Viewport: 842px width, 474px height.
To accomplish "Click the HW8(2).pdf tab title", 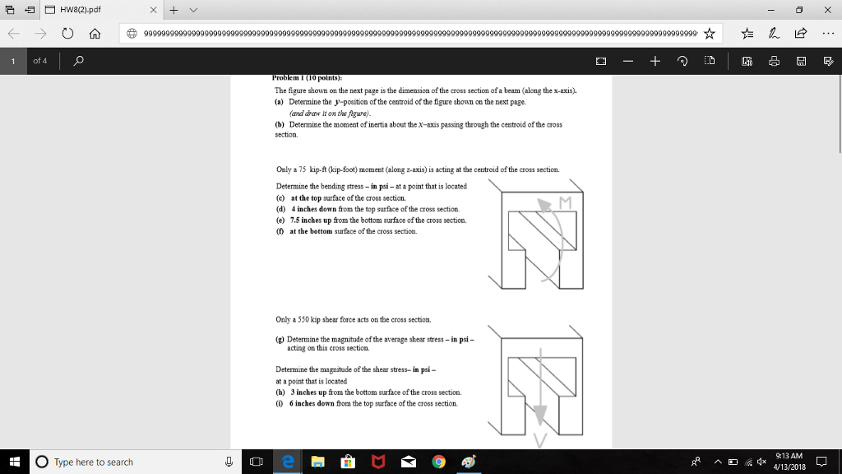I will coord(79,9).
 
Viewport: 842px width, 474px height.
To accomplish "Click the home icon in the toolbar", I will coord(95,34).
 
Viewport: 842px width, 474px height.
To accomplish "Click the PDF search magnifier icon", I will coord(79,62).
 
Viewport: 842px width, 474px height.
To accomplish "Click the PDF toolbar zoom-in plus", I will coord(655,62).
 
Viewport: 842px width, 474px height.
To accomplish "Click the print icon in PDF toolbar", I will coord(774,62).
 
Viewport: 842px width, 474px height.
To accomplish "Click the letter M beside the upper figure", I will coord(565,202).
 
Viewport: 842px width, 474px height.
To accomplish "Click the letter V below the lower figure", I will coord(539,441).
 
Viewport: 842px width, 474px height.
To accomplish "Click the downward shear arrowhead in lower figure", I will coord(539,413).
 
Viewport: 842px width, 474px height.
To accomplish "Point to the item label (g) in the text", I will coord(280,339).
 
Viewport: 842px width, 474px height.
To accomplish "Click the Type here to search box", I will coord(123,462).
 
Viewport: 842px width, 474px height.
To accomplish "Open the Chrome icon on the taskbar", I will coord(438,462).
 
